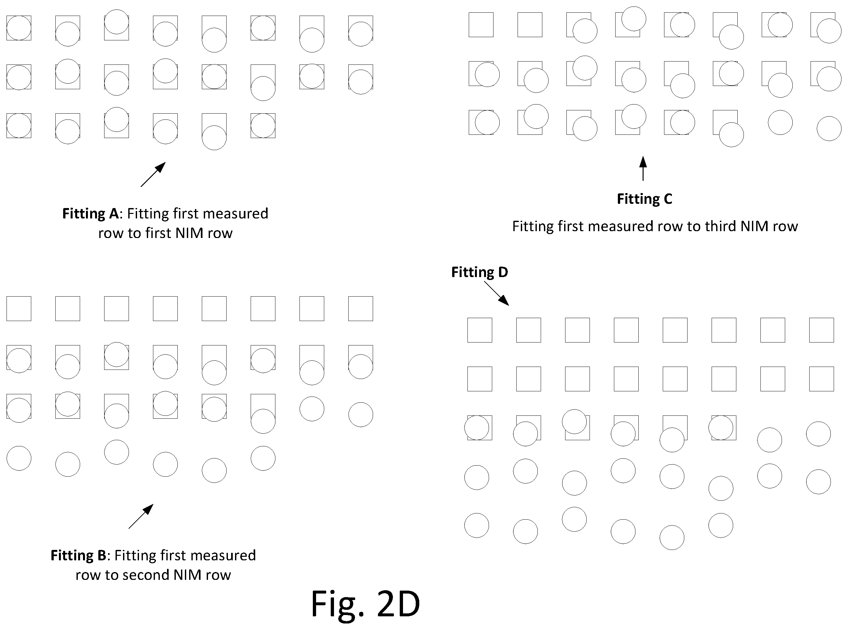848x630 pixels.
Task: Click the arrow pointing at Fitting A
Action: coord(153,174)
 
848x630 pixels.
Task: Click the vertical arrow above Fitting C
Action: coord(643,168)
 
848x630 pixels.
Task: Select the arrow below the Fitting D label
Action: coord(496,293)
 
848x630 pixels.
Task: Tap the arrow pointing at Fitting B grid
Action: coord(141,516)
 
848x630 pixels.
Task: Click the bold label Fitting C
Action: coord(645,199)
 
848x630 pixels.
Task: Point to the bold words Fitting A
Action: coord(91,214)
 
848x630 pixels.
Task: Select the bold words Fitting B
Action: coord(78,555)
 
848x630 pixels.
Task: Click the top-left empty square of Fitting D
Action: coord(480,330)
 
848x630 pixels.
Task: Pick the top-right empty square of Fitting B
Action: coord(361,309)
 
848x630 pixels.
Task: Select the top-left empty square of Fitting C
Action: coord(481,25)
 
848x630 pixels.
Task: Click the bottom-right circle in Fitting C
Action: coord(829,129)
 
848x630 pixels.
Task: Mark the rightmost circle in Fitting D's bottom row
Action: coord(721,525)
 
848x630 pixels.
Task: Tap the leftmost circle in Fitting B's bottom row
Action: coord(19,458)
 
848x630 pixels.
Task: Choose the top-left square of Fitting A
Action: coord(19,28)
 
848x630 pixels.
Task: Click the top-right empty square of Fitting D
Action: coord(821,330)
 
